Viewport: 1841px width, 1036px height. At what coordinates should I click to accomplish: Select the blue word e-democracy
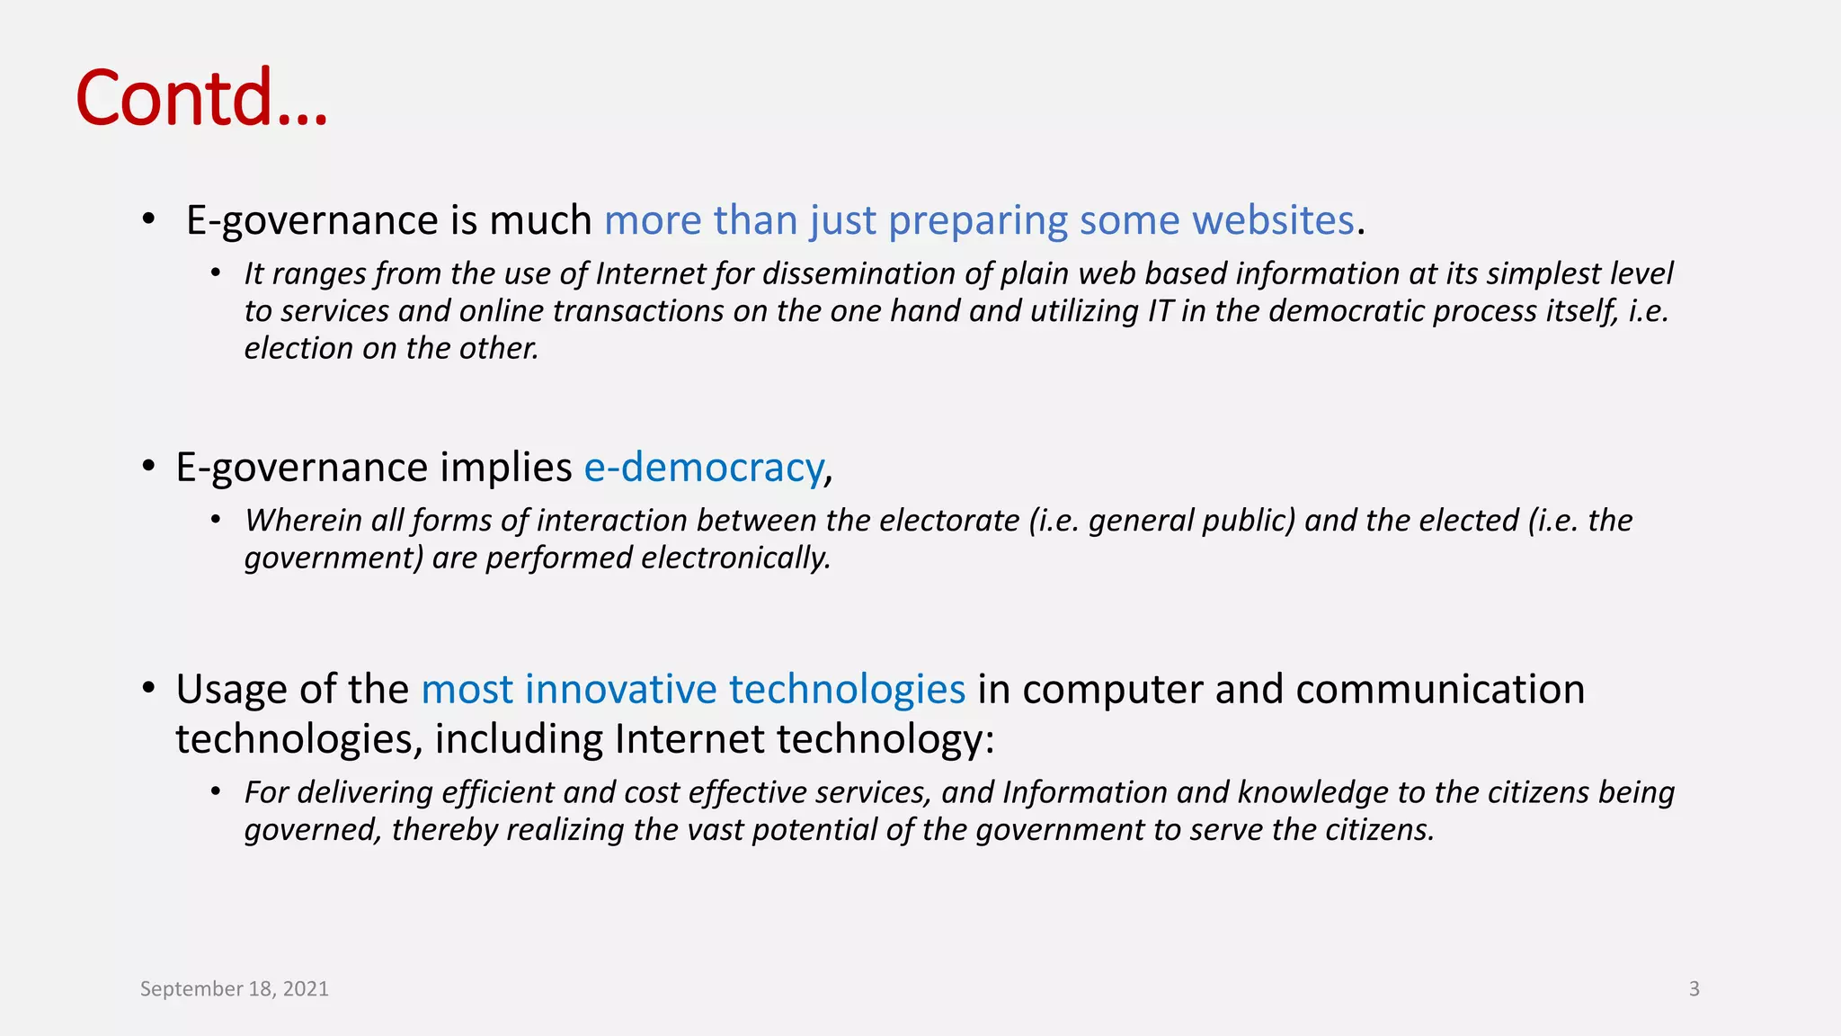tap(703, 468)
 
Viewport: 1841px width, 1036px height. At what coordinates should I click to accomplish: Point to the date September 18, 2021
tap(235, 988)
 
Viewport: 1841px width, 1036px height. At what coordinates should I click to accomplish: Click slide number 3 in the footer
tap(1694, 988)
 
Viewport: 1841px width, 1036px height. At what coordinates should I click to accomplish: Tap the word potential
tap(814, 830)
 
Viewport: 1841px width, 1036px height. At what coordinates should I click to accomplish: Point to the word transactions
tap(637, 311)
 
